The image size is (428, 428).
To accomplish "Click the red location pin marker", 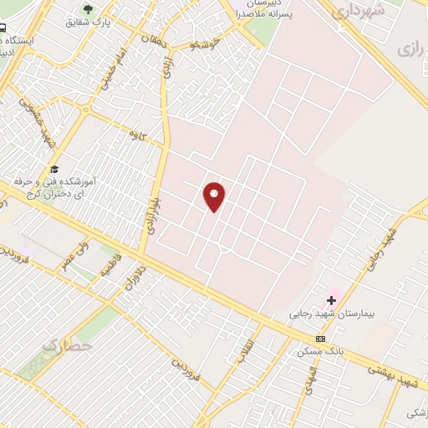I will point(215,196).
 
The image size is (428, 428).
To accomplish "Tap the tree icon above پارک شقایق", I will point(88,9).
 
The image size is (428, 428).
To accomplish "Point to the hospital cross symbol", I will point(332,299).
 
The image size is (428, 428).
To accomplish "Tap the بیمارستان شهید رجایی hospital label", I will point(324,315).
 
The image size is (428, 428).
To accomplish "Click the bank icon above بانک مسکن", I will point(320,339).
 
